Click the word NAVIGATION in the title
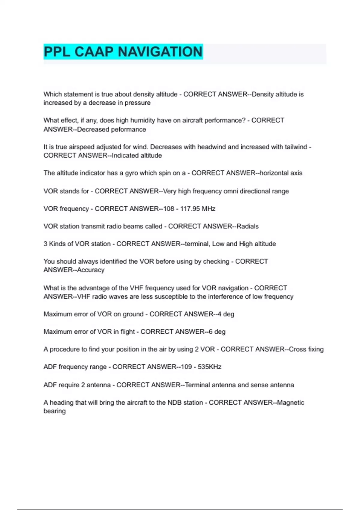pyautogui.click(x=160, y=52)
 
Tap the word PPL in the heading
pyautogui.click(x=57, y=52)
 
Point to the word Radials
pyautogui.click(x=247, y=226)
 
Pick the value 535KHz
pyautogui.click(x=209, y=367)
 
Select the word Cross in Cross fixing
pyautogui.click(x=297, y=349)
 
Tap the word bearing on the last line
pyautogui.click(x=55, y=411)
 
